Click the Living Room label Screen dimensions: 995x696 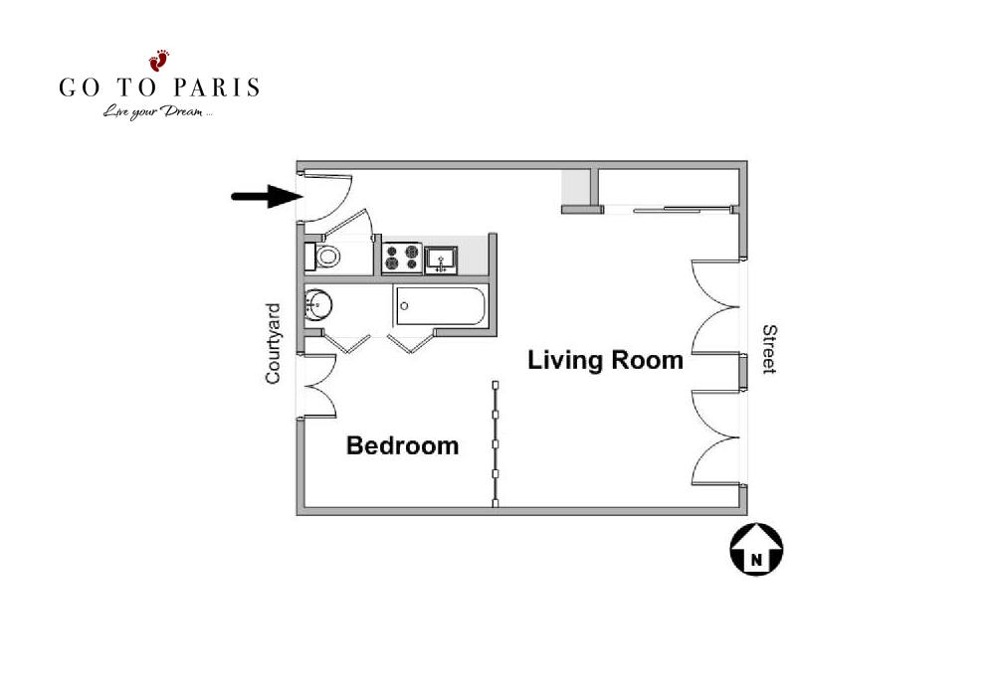[605, 360]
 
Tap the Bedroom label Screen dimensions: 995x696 [402, 445]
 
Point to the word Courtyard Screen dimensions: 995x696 [273, 344]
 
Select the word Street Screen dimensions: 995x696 [769, 349]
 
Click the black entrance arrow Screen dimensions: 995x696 [267, 196]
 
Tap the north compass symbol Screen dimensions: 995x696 [756, 550]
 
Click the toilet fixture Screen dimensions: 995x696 [322, 257]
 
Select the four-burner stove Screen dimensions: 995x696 [402, 258]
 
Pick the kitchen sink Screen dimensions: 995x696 [441, 260]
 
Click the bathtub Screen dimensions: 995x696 [441, 306]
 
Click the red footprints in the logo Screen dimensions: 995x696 [159, 61]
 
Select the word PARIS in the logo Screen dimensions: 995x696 [216, 87]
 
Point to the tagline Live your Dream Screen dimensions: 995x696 [157, 112]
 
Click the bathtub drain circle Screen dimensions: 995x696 [404, 306]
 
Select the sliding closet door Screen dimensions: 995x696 [668, 209]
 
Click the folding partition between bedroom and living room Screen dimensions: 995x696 [495, 443]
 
